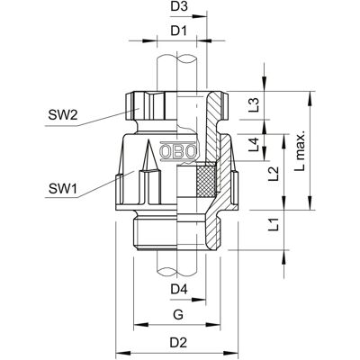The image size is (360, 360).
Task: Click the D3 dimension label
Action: click(x=179, y=7)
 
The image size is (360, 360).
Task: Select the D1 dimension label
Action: click(x=179, y=31)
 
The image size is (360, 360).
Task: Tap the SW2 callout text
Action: click(x=63, y=114)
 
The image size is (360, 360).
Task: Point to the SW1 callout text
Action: click(x=62, y=189)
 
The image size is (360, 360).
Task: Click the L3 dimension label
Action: click(x=254, y=104)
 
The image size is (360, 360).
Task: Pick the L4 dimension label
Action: click(x=254, y=144)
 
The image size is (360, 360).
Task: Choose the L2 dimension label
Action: click(x=274, y=174)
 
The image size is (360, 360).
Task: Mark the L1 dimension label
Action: click(x=274, y=225)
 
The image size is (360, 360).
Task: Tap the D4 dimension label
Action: click(x=179, y=290)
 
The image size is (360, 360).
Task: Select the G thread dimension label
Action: click(x=178, y=315)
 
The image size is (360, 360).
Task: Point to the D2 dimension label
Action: click(x=179, y=343)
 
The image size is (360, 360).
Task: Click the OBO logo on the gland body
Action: click(x=179, y=151)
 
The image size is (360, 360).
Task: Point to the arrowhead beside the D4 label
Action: click(x=198, y=300)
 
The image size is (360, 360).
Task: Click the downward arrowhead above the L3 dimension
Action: click(x=265, y=83)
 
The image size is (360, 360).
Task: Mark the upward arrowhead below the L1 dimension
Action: click(x=283, y=257)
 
